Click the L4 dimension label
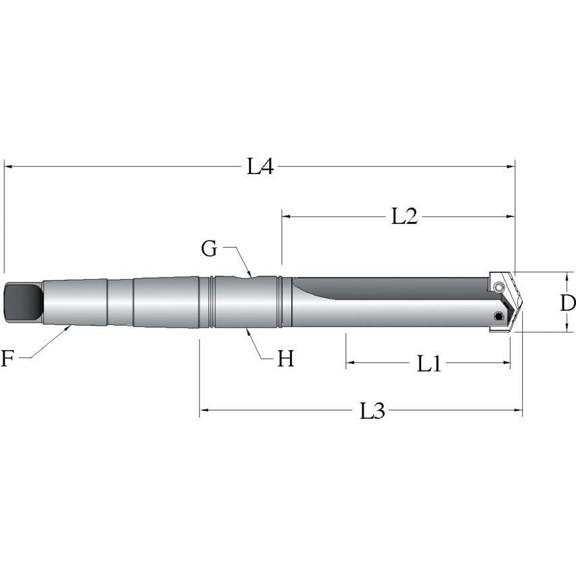click(x=260, y=167)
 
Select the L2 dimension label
click(x=405, y=217)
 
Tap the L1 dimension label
click(x=429, y=364)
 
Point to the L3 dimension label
click(x=372, y=411)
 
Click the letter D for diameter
click(x=567, y=303)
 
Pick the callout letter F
click(x=7, y=359)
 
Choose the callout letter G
click(x=210, y=249)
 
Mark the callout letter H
click(x=286, y=359)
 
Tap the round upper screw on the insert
click(x=498, y=289)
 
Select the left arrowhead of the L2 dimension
click(x=286, y=217)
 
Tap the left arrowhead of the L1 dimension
click(x=350, y=364)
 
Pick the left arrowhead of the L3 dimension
click(x=204, y=410)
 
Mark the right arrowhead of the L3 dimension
click(x=518, y=410)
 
